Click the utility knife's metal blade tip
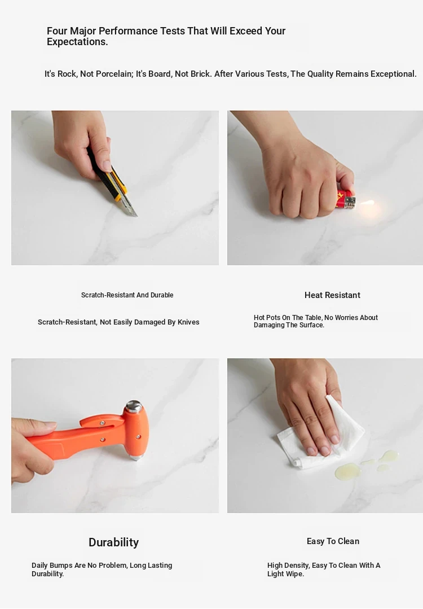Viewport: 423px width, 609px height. click(x=136, y=216)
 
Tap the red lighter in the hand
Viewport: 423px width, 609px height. click(x=345, y=199)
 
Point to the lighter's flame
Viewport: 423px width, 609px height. click(x=367, y=203)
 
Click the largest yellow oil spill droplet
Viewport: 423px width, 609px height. click(x=348, y=470)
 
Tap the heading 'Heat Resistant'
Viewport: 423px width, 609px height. click(x=332, y=295)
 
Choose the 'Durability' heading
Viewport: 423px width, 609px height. click(x=114, y=542)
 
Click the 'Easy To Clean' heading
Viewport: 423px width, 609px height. click(x=333, y=541)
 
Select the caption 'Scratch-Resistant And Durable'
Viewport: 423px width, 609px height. click(x=127, y=295)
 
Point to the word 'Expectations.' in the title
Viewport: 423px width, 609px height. click(x=77, y=42)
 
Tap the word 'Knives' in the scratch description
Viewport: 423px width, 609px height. click(x=188, y=322)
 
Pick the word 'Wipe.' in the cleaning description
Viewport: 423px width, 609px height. click(x=295, y=574)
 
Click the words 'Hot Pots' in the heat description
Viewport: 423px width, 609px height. click(x=267, y=318)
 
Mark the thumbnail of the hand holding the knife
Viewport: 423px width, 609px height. click(x=115, y=188)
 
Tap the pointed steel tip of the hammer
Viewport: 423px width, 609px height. click(x=136, y=459)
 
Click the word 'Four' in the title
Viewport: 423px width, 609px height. click(x=57, y=31)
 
